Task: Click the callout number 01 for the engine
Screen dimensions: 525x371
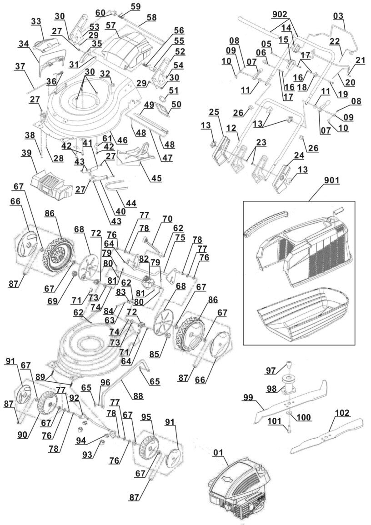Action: pyautogui.click(x=219, y=452)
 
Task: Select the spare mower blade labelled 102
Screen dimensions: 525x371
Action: pyautogui.click(x=327, y=436)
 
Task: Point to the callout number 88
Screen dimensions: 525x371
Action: pyautogui.click(x=138, y=396)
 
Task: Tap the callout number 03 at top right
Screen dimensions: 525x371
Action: pyautogui.click(x=338, y=16)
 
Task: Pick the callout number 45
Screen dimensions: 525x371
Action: pyautogui.click(x=156, y=178)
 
